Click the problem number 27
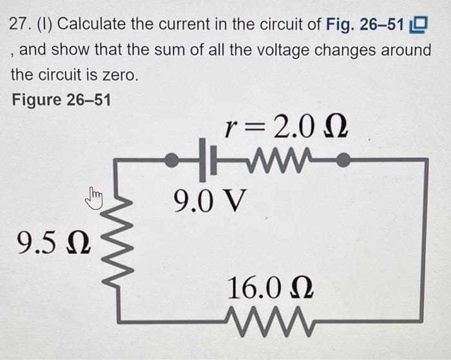tap(22, 26)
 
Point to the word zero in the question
tap(119, 75)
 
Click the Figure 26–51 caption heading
tap(61, 100)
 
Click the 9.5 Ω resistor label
tap(54, 243)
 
